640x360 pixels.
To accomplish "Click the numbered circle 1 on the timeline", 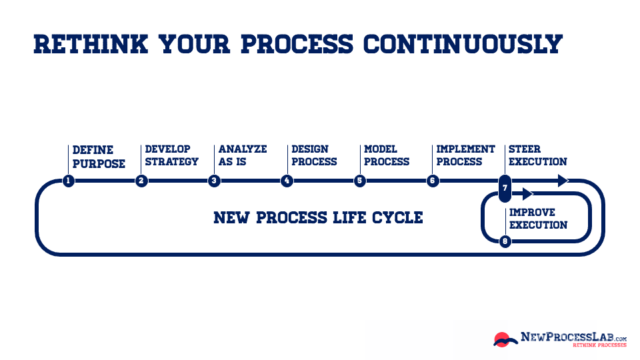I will pos(68,181).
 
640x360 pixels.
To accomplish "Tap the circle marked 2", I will pos(141,181).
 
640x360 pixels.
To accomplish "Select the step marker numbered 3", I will pos(214,181).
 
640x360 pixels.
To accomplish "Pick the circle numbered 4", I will pos(287,181).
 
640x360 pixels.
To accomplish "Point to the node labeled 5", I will pos(360,181).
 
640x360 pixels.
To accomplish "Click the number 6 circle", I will pos(433,181).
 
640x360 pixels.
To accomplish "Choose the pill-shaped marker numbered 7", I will pos(505,187).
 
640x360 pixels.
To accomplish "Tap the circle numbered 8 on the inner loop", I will pos(505,241).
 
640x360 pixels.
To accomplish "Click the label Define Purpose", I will pos(99,156).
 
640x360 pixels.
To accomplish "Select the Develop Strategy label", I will pos(171,155).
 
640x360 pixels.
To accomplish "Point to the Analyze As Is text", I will pos(242,155).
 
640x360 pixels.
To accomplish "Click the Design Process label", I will pos(314,155).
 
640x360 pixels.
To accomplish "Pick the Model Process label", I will pos(387,155).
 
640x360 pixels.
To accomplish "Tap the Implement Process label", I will pos(465,155).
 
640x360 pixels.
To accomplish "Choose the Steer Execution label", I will pos(537,155).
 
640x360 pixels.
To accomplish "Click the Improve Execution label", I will pos(538,219).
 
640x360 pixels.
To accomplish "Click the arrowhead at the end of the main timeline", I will pos(562,181).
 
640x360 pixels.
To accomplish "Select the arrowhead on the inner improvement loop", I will pos(527,194).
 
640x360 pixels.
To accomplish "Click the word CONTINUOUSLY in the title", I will pos(463,43).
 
